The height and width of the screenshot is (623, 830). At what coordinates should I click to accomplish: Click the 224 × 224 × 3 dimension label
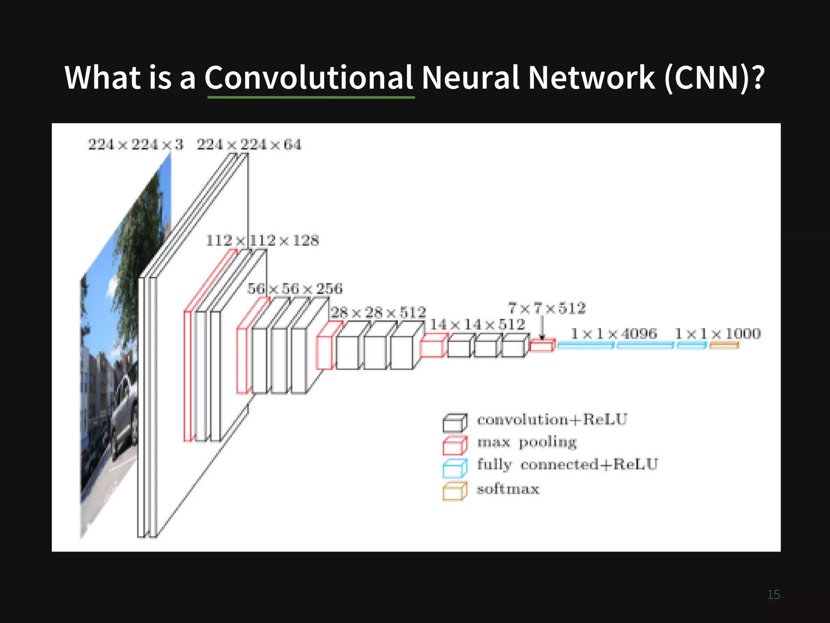click(x=136, y=144)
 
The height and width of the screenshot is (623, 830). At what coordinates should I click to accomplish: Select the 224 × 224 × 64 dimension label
click(x=249, y=144)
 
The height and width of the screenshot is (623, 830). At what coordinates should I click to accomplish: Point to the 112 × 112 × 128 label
click(x=263, y=241)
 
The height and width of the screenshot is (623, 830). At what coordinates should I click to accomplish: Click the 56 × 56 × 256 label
click(x=295, y=289)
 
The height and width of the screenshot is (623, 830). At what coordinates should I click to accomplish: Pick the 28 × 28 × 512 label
click(x=379, y=312)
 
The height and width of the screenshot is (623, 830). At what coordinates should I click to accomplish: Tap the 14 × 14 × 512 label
click(x=477, y=324)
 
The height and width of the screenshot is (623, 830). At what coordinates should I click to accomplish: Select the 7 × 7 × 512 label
click(x=547, y=308)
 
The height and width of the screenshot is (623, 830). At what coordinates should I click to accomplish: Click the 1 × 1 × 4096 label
click(x=614, y=334)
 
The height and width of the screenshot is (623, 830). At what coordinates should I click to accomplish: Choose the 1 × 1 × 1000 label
click(x=718, y=334)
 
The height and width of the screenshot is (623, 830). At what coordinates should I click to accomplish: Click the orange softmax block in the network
click(x=724, y=345)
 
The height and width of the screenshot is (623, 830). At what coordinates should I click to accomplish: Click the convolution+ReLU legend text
click(x=552, y=419)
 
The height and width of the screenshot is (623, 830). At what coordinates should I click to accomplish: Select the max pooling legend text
click(x=527, y=442)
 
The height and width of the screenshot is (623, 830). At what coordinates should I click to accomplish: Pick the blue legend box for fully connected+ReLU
click(x=455, y=468)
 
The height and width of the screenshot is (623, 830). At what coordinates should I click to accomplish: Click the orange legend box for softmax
click(x=455, y=491)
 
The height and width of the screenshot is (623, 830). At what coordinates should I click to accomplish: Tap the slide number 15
click(x=773, y=595)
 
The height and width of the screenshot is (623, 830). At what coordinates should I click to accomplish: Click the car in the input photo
click(x=124, y=410)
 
